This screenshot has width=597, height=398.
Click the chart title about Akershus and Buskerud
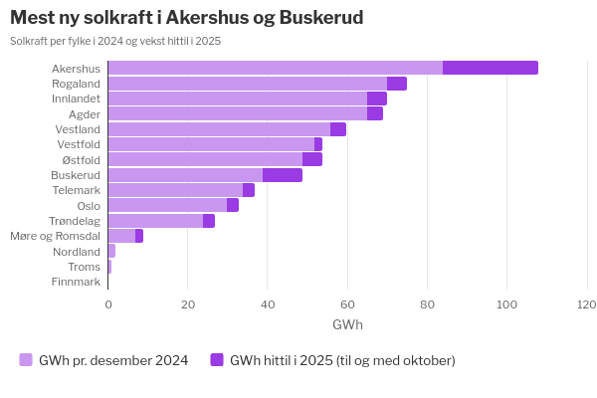(186, 18)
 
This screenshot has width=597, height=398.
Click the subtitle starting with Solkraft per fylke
(115, 41)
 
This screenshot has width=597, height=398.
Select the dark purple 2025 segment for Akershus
(490, 68)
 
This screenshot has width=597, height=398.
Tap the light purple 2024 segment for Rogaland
(247, 84)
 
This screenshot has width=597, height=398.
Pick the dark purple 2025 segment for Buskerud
(283, 175)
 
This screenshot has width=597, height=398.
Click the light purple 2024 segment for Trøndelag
(155, 221)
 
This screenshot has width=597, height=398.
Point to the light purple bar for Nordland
(111, 251)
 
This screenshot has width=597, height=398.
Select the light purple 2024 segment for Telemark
(175, 190)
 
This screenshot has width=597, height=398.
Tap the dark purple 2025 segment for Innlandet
(377, 99)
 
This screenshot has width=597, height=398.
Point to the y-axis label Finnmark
(76, 282)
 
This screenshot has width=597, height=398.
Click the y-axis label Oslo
(89, 206)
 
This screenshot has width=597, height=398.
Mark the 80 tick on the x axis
(427, 304)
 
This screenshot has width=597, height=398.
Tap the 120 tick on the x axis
(586, 304)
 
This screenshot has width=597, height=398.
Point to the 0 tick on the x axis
(108, 304)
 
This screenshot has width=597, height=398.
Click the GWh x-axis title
(347, 325)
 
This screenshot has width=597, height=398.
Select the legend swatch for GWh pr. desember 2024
(26, 360)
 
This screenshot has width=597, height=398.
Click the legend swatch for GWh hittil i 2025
(217, 360)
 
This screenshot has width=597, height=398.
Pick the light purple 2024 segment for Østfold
(205, 159)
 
